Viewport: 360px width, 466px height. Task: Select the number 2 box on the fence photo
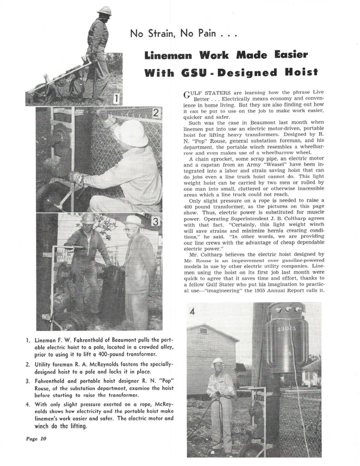click(155, 114)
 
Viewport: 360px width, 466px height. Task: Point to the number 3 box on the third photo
click(155, 222)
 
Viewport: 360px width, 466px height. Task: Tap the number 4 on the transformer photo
click(192, 312)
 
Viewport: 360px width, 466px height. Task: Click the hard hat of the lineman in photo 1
click(104, 10)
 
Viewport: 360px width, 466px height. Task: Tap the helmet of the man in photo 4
click(218, 362)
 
